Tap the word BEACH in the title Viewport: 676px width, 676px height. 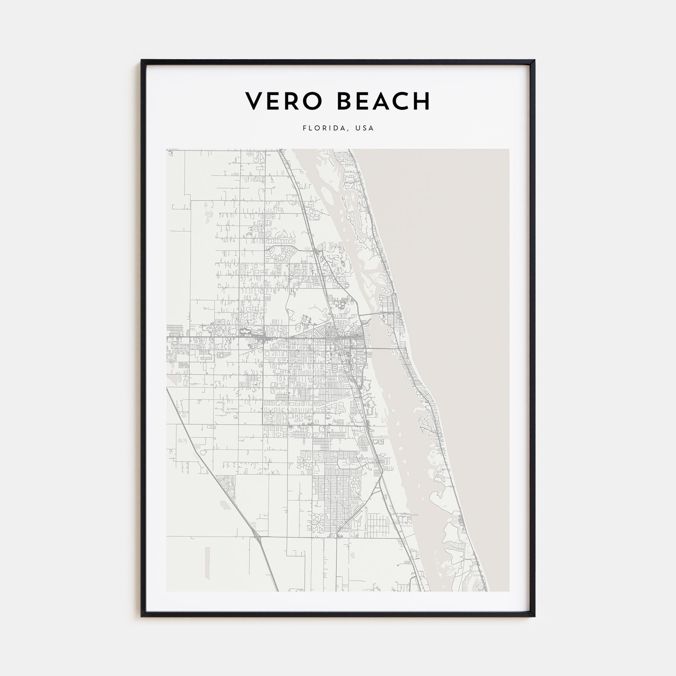tap(383, 101)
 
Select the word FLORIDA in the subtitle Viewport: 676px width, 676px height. tap(324, 128)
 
